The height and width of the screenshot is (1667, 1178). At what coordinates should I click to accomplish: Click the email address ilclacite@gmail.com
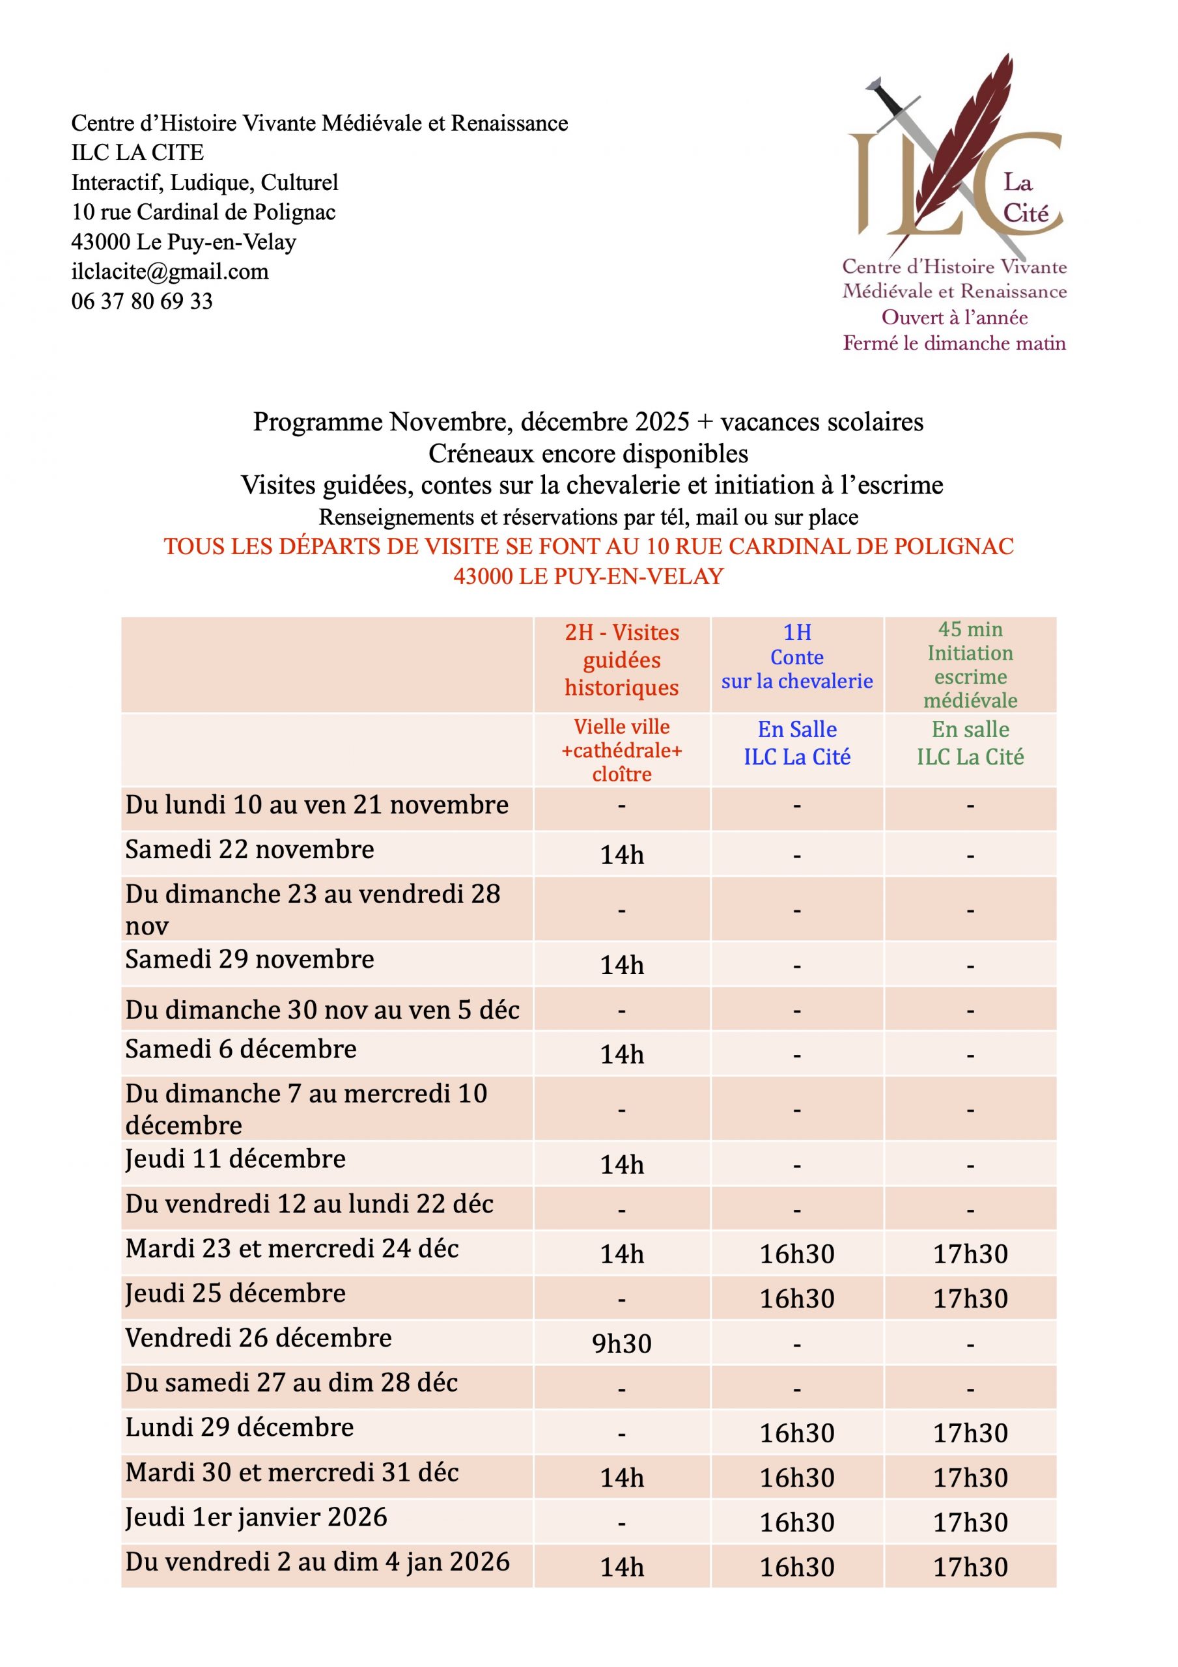(x=170, y=272)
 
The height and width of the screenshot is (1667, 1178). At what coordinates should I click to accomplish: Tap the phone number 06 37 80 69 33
(x=143, y=301)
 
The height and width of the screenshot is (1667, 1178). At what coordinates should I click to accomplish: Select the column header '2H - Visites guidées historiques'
(x=622, y=660)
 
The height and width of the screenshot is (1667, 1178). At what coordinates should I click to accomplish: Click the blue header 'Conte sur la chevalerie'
(x=796, y=657)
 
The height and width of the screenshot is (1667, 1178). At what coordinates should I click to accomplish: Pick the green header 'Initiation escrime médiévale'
(x=970, y=664)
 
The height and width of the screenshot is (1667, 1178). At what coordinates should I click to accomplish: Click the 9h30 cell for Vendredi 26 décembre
(x=622, y=1344)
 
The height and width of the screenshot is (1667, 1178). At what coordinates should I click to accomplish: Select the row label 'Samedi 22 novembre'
(x=250, y=850)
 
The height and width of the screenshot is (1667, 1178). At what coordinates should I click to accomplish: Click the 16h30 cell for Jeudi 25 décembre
(x=796, y=1299)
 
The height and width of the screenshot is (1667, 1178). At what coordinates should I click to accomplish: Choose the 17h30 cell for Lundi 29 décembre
(x=970, y=1433)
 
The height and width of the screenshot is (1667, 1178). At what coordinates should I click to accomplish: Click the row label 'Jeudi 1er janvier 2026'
(x=257, y=1517)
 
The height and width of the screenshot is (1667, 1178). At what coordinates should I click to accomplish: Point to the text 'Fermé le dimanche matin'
(x=954, y=343)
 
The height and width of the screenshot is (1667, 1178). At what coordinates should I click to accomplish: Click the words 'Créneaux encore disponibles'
(x=588, y=454)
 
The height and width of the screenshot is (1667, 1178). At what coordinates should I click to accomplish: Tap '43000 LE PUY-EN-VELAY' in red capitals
(x=588, y=576)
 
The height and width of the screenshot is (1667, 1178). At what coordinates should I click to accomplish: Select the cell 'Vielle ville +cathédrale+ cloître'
(x=622, y=750)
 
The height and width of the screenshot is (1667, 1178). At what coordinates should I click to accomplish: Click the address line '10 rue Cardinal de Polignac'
(x=203, y=212)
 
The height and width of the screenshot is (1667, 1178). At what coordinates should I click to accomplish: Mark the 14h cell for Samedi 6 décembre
(x=622, y=1054)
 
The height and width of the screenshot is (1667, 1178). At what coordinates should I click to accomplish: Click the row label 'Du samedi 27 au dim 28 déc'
(x=291, y=1382)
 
